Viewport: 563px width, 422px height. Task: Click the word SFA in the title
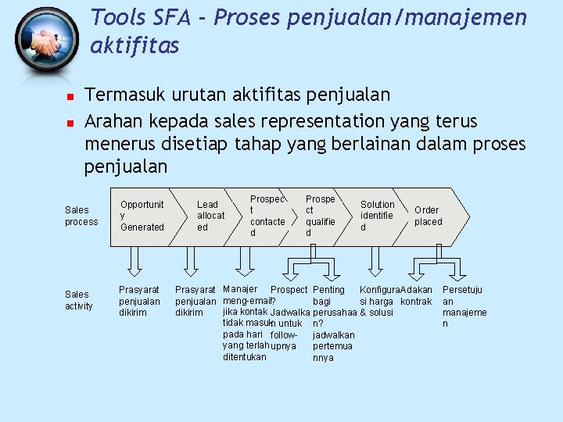(166, 16)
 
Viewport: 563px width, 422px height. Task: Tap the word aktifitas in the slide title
(134, 46)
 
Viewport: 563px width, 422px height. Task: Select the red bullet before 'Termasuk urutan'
(70, 98)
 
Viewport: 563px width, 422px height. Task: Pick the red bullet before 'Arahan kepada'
(70, 123)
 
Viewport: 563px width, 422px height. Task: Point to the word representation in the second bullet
(306, 122)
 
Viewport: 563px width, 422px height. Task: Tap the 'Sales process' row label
(81, 216)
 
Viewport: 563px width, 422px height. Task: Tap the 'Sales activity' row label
(77, 300)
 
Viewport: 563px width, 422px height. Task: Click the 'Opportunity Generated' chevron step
(142, 216)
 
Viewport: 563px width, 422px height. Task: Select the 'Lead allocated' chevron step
(210, 216)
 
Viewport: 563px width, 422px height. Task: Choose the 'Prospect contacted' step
(267, 216)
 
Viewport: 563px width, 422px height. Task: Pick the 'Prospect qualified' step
(321, 216)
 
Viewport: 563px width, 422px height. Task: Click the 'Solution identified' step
(378, 216)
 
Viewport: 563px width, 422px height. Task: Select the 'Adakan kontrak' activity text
(416, 296)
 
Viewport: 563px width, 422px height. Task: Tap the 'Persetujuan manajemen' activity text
(464, 307)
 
